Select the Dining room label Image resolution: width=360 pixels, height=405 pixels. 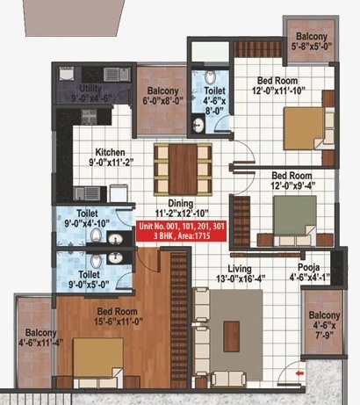pyautogui.click(x=169, y=206)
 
